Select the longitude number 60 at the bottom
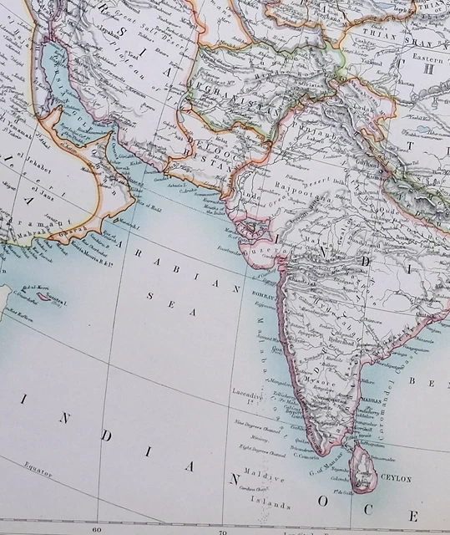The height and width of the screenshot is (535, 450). [97, 528]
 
